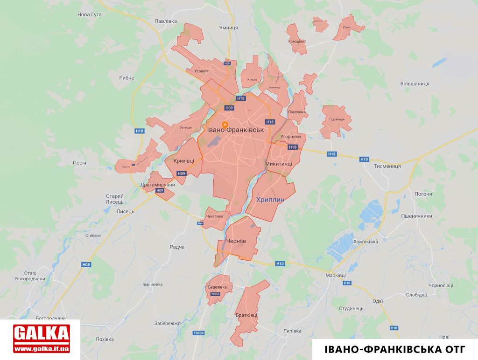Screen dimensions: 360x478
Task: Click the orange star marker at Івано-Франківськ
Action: [225, 125]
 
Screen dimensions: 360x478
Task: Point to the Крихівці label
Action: [183, 160]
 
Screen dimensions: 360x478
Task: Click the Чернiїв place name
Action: [235, 241]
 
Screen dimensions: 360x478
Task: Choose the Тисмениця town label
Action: [387, 166]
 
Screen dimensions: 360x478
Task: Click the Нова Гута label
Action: [89, 15]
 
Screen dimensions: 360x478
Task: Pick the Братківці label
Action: [246, 315]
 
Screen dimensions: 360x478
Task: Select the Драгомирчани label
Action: [157, 185]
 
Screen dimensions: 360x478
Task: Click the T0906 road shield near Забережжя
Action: [199, 333]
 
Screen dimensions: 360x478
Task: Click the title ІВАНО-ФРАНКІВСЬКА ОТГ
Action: [394, 349]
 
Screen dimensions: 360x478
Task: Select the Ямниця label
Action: [228, 28]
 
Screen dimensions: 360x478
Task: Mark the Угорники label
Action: [290, 137]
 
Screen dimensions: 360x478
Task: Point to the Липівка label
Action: [292, 331]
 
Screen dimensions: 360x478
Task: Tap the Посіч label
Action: [80, 163]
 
